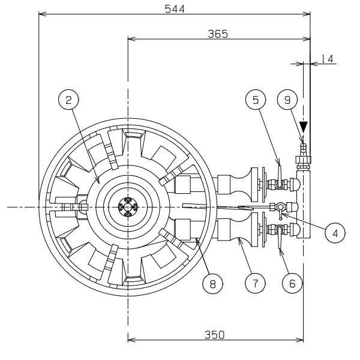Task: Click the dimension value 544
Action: point(175,9)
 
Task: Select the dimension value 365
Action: point(218,34)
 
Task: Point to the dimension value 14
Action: point(327,59)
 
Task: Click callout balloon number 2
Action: point(68,100)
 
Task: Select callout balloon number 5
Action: point(256,100)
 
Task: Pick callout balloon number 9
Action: point(287,100)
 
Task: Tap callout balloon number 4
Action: point(335,233)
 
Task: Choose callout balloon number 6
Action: point(292,284)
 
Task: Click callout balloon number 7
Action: point(255,284)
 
